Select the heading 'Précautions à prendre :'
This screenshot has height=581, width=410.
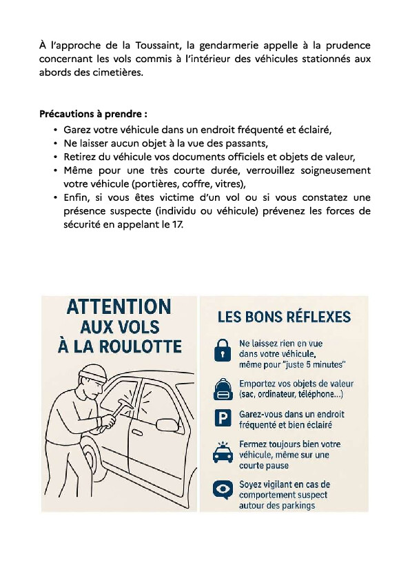tap(93, 114)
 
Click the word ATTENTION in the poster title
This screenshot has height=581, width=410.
tap(119, 307)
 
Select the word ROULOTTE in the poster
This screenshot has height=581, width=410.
tap(141, 346)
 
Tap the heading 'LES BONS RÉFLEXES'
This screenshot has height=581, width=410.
tap(284, 317)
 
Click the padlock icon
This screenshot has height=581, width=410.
tap(223, 350)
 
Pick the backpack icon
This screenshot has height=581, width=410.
tap(223, 389)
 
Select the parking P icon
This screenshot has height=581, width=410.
tap(223, 418)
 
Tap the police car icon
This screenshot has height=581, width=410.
tap(223, 453)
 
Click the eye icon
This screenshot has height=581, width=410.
tap(223, 490)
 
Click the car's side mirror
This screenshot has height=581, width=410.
tap(167, 425)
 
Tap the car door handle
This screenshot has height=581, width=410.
tap(137, 432)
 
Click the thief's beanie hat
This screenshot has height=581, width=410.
tap(93, 373)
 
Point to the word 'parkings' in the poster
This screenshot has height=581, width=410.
tap(297, 505)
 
